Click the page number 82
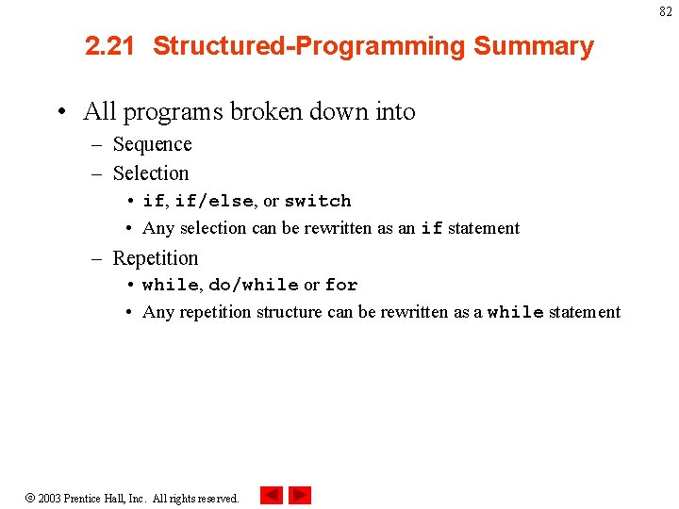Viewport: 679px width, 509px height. pyautogui.click(x=666, y=11)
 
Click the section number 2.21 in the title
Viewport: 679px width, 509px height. pyautogui.click(x=110, y=46)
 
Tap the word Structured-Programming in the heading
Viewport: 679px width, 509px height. pyautogui.click(x=308, y=46)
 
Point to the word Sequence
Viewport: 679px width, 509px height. pyautogui.click(x=152, y=144)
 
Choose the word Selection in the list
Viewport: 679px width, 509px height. pyautogui.click(x=151, y=173)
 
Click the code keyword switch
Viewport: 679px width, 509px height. pyautogui.click(x=318, y=201)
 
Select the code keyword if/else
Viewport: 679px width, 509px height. pyautogui.click(x=214, y=201)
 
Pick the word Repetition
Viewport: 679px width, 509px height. pyautogui.click(x=156, y=258)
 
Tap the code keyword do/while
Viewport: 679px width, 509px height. pyautogui.click(x=253, y=285)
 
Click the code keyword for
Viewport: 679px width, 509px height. pyautogui.click(x=341, y=285)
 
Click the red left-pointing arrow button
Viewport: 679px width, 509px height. pyautogui.click(x=272, y=495)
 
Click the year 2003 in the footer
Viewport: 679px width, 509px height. pyautogui.click(x=49, y=498)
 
